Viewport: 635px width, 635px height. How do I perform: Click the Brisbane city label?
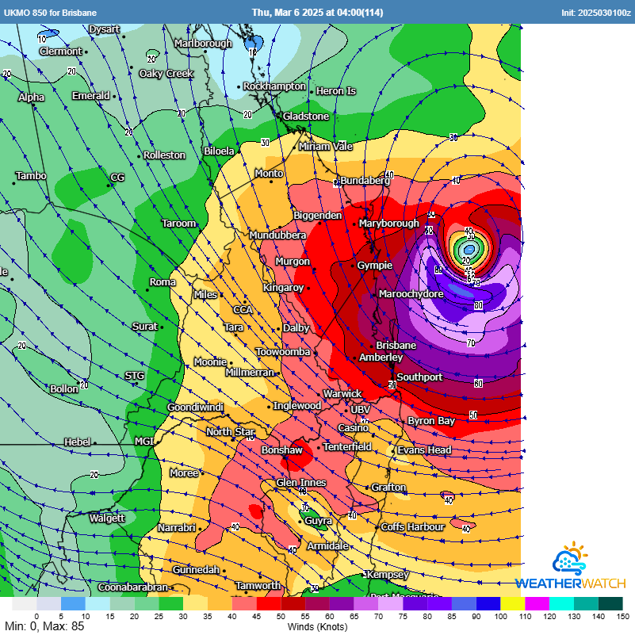(x=396, y=346)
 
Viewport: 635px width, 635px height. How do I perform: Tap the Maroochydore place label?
(x=411, y=294)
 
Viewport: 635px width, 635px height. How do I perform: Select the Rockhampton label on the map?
(x=274, y=86)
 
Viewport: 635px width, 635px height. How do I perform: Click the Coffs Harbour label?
(x=412, y=527)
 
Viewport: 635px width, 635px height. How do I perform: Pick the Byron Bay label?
(x=431, y=421)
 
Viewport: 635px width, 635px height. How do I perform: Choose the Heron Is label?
(x=336, y=91)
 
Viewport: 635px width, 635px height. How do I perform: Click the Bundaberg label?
(x=365, y=181)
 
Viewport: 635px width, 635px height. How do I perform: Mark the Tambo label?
(x=31, y=176)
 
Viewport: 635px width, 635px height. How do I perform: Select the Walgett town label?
(x=107, y=518)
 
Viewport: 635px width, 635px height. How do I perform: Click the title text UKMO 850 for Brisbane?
(x=51, y=12)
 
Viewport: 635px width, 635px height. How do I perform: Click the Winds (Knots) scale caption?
(x=317, y=626)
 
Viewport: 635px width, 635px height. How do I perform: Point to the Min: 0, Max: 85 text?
(x=44, y=626)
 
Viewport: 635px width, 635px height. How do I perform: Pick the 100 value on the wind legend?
(x=500, y=616)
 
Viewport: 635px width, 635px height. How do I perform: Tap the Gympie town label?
(x=374, y=266)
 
